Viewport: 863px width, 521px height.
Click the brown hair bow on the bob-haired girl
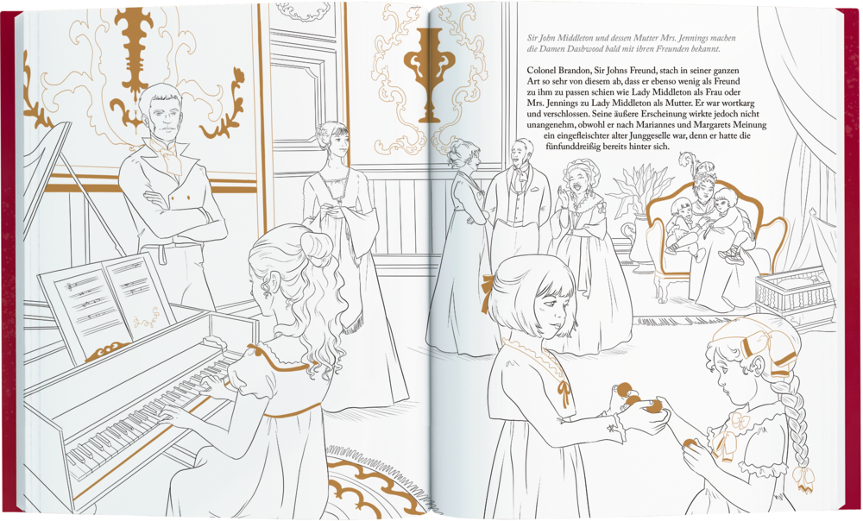[488, 293]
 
